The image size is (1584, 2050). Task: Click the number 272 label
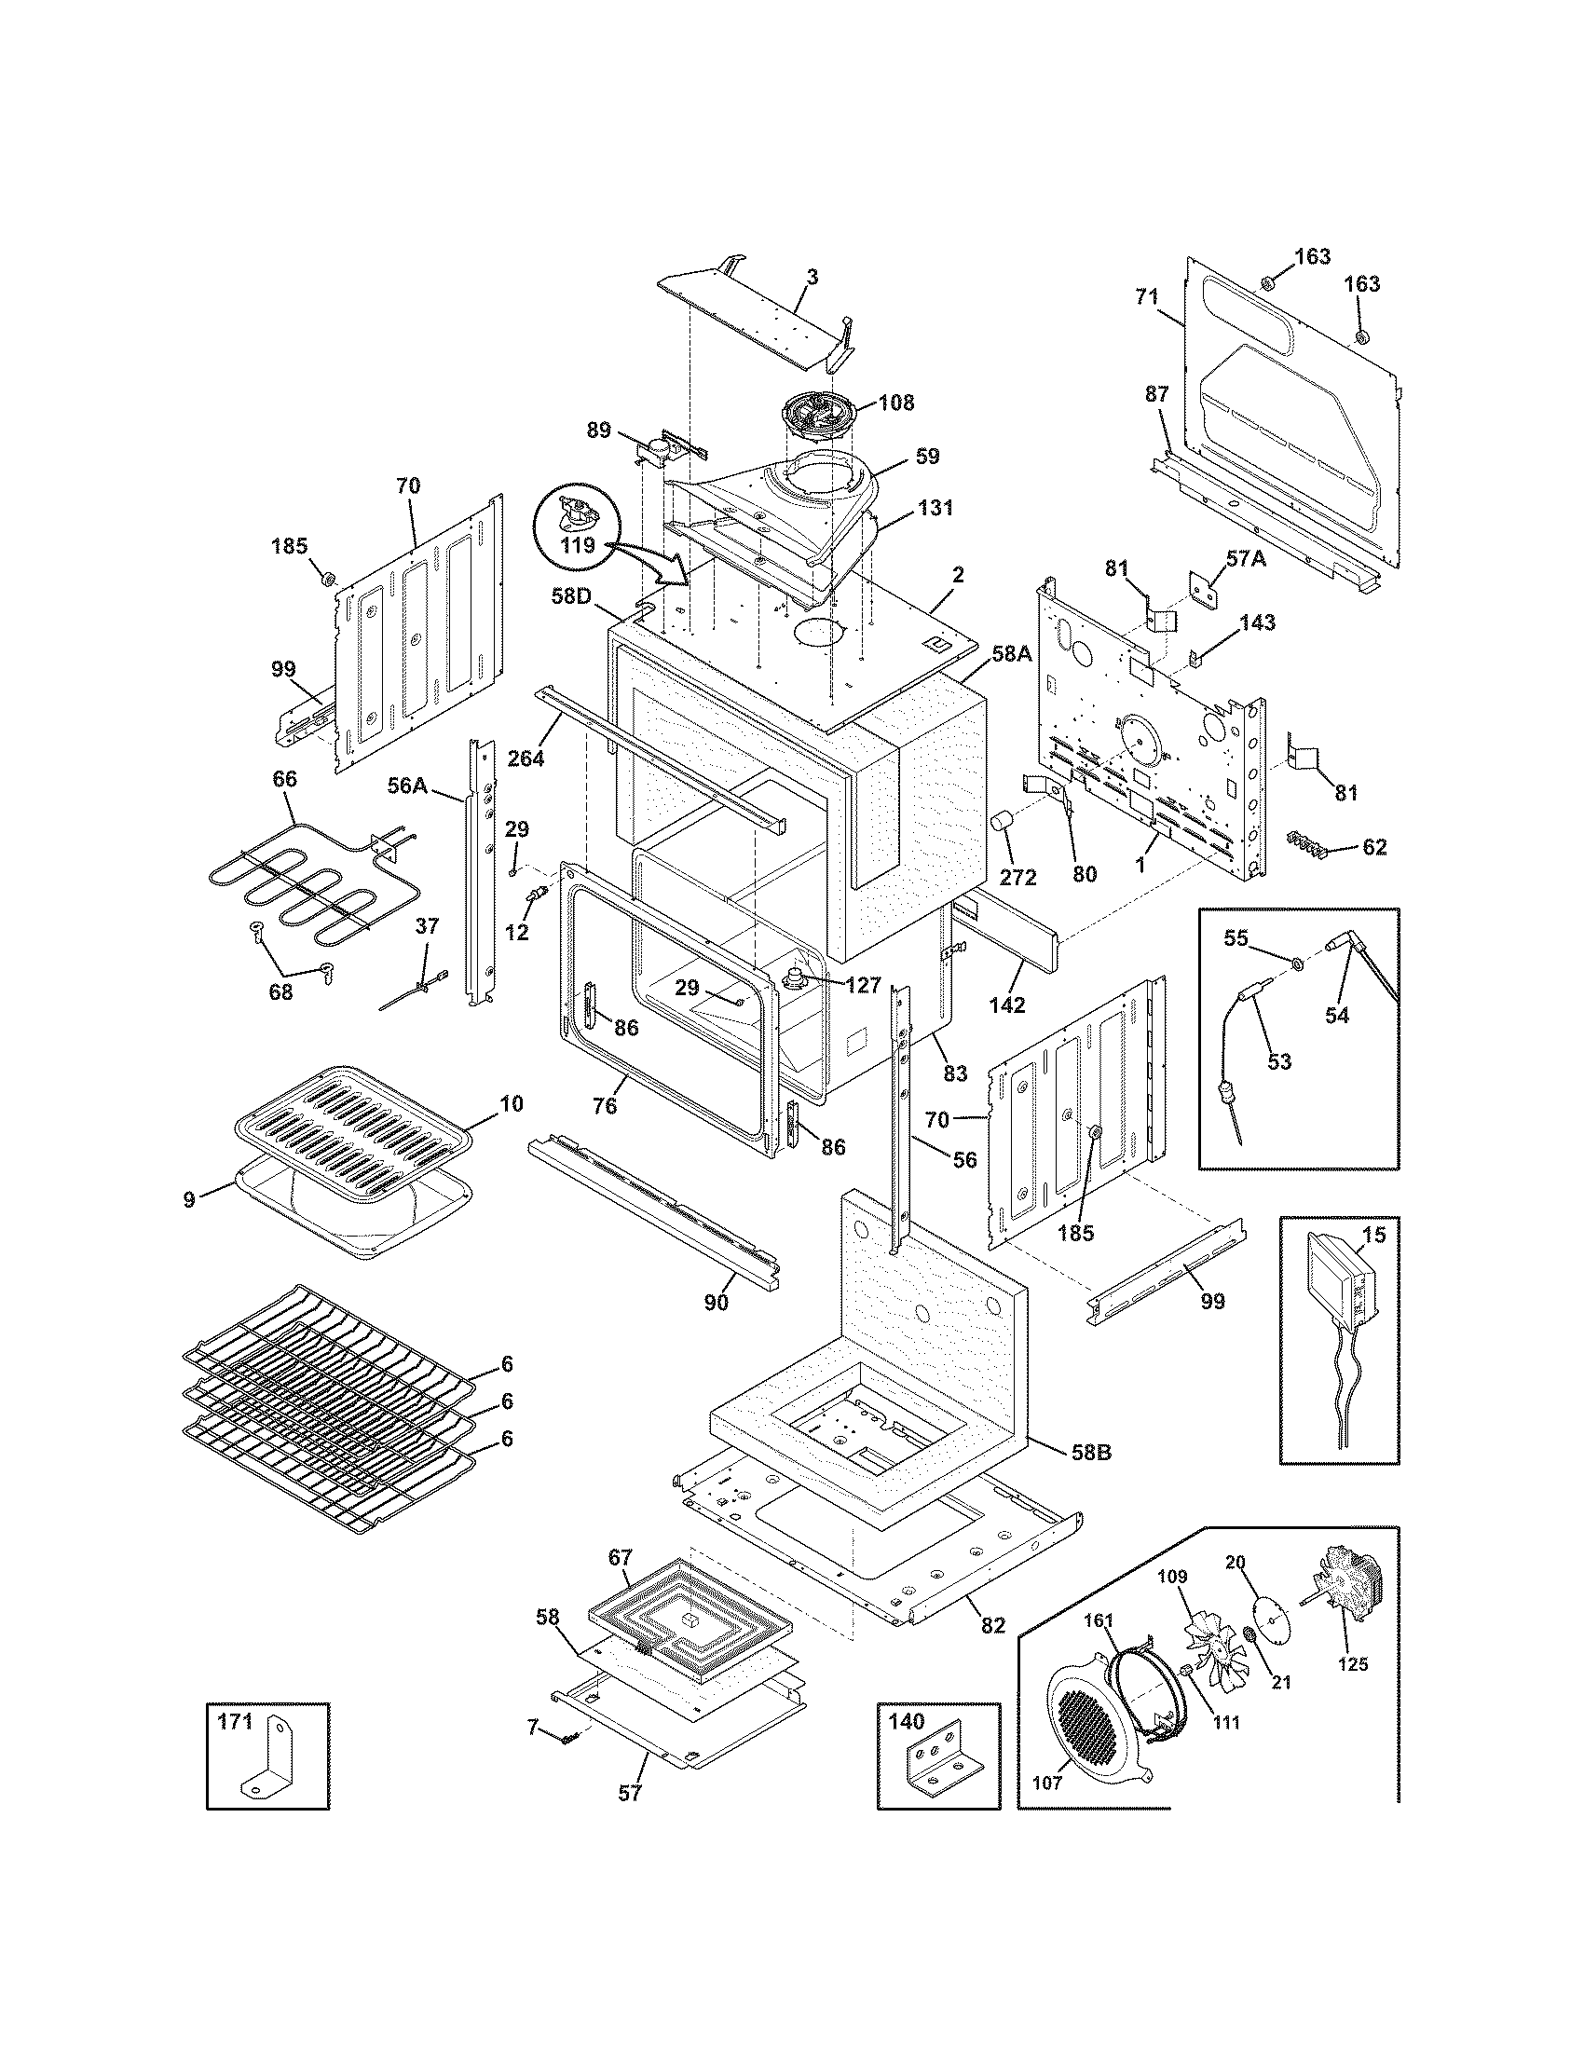1018,878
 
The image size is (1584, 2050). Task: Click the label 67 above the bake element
620,1556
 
